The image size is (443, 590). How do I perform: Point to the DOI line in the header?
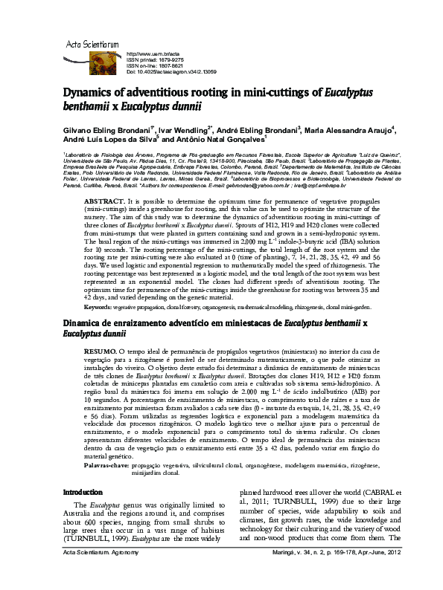(172, 72)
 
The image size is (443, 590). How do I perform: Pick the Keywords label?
(98, 307)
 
